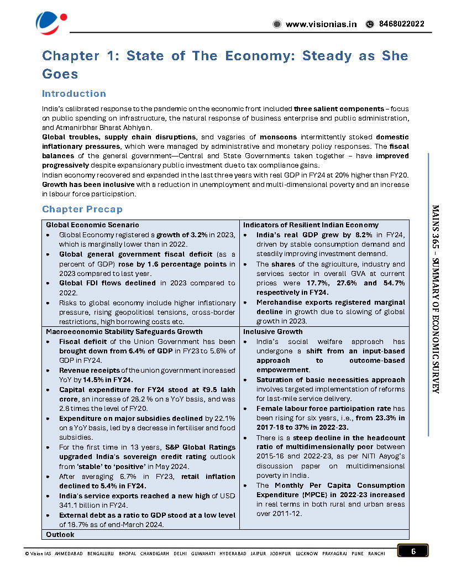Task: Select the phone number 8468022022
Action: coord(402,24)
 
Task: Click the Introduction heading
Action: coord(74,93)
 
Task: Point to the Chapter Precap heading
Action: coord(82,209)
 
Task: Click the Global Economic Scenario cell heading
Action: coord(92,225)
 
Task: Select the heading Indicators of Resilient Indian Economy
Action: coord(311,225)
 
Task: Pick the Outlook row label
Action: coord(60,535)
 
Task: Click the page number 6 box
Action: coord(413,551)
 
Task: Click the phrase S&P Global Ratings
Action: coord(200,447)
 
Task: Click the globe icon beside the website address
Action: coord(277,24)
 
